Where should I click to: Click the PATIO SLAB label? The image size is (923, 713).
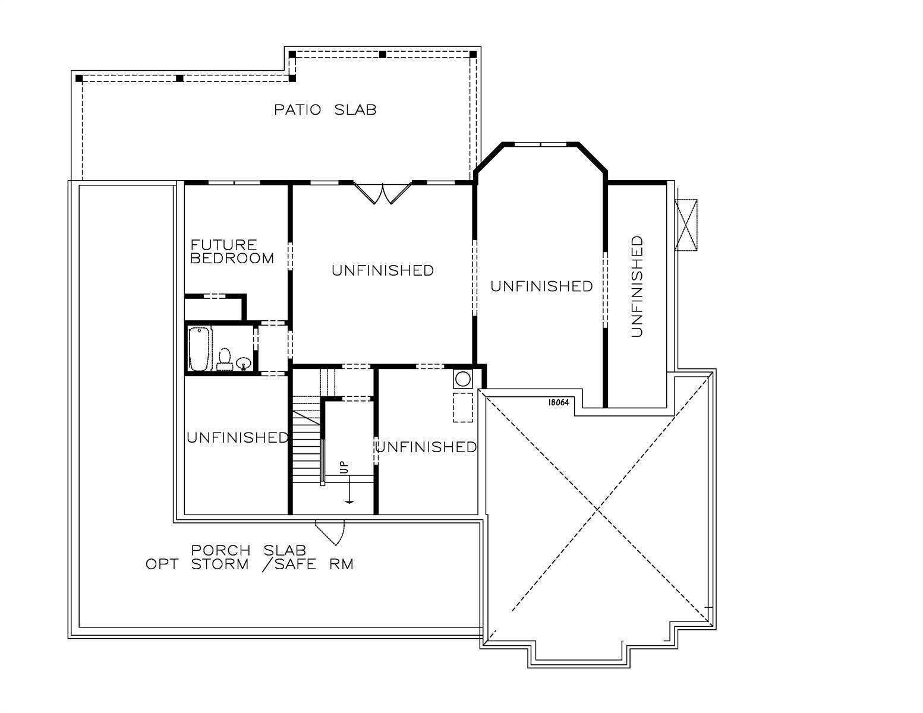(x=325, y=109)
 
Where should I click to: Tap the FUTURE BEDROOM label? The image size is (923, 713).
(x=232, y=251)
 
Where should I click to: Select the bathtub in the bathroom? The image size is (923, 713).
(x=199, y=349)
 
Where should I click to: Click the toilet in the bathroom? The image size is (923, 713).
(x=224, y=359)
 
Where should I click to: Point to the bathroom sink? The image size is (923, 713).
(x=244, y=363)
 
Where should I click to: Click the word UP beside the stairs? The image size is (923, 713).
(x=344, y=467)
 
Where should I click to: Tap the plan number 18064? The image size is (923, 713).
(x=559, y=402)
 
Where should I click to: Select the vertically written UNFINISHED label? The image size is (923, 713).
(x=637, y=286)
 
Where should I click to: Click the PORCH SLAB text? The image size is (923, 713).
(x=248, y=550)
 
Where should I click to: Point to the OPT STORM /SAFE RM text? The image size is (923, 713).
(x=250, y=564)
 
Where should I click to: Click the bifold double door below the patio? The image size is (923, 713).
(x=382, y=193)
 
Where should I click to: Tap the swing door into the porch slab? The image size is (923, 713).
(x=330, y=532)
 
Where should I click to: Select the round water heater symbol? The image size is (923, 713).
(x=462, y=378)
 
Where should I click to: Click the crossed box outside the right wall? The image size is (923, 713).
(x=686, y=225)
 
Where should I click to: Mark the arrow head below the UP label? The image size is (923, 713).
(x=349, y=503)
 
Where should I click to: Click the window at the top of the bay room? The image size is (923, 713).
(x=540, y=144)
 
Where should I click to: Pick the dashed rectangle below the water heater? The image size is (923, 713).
(x=462, y=408)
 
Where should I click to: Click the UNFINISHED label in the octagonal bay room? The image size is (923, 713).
(x=541, y=286)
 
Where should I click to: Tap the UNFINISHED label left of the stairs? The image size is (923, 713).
(x=238, y=437)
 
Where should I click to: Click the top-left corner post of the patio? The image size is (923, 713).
(x=79, y=78)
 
